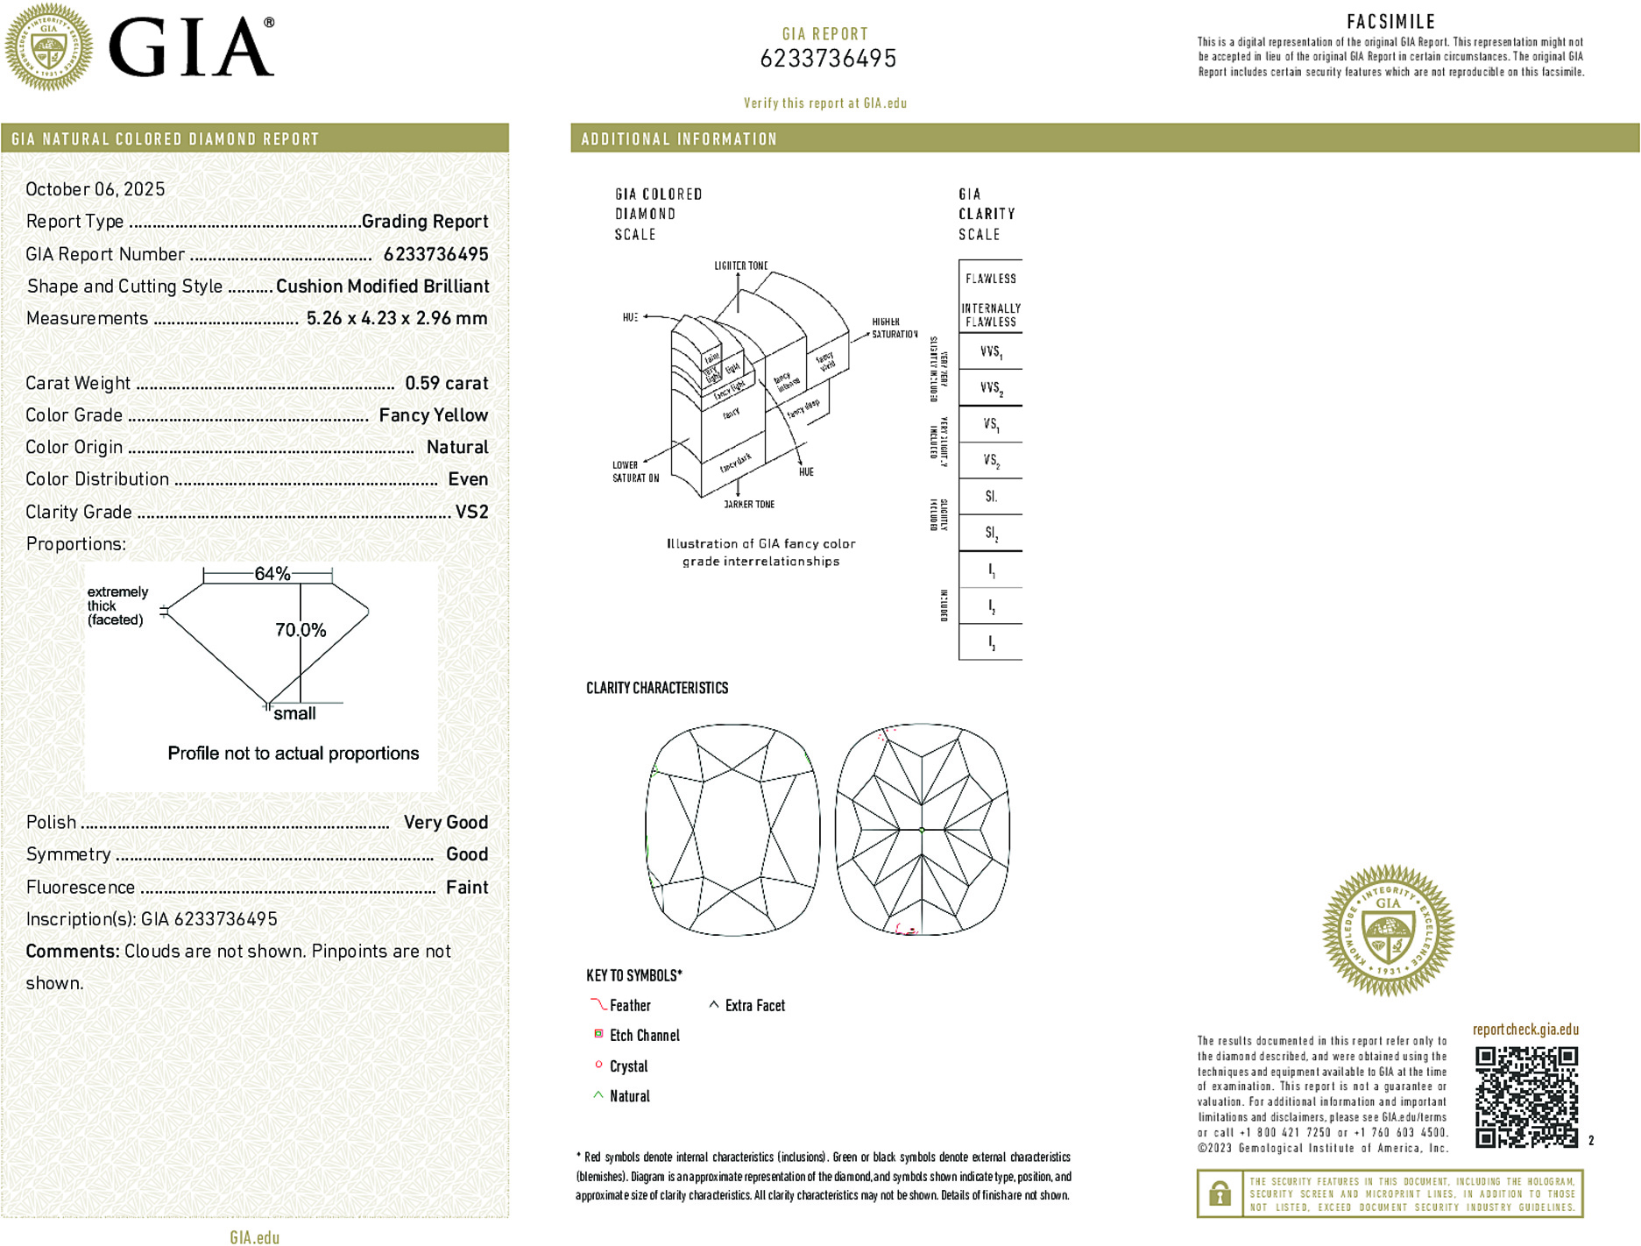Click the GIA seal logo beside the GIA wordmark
tap(48, 46)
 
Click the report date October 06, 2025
tap(95, 189)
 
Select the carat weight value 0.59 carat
tap(446, 383)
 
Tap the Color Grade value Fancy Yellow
tap(433, 415)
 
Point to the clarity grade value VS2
tap(471, 512)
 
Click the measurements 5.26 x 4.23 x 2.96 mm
tap(397, 318)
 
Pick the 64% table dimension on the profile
tap(272, 574)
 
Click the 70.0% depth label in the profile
tap(301, 630)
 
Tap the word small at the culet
tap(294, 713)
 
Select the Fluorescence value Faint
tap(467, 887)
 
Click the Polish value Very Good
tap(445, 822)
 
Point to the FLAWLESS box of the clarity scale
tap(990, 279)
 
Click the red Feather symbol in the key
tap(598, 1004)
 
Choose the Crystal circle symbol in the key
tap(598, 1065)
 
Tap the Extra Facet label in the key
tap(754, 1006)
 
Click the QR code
tap(1526, 1096)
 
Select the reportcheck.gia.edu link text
tap(1525, 1030)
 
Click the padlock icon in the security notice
tap(1220, 1193)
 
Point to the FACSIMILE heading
tap(1390, 22)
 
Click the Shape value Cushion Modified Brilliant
tap(382, 287)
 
